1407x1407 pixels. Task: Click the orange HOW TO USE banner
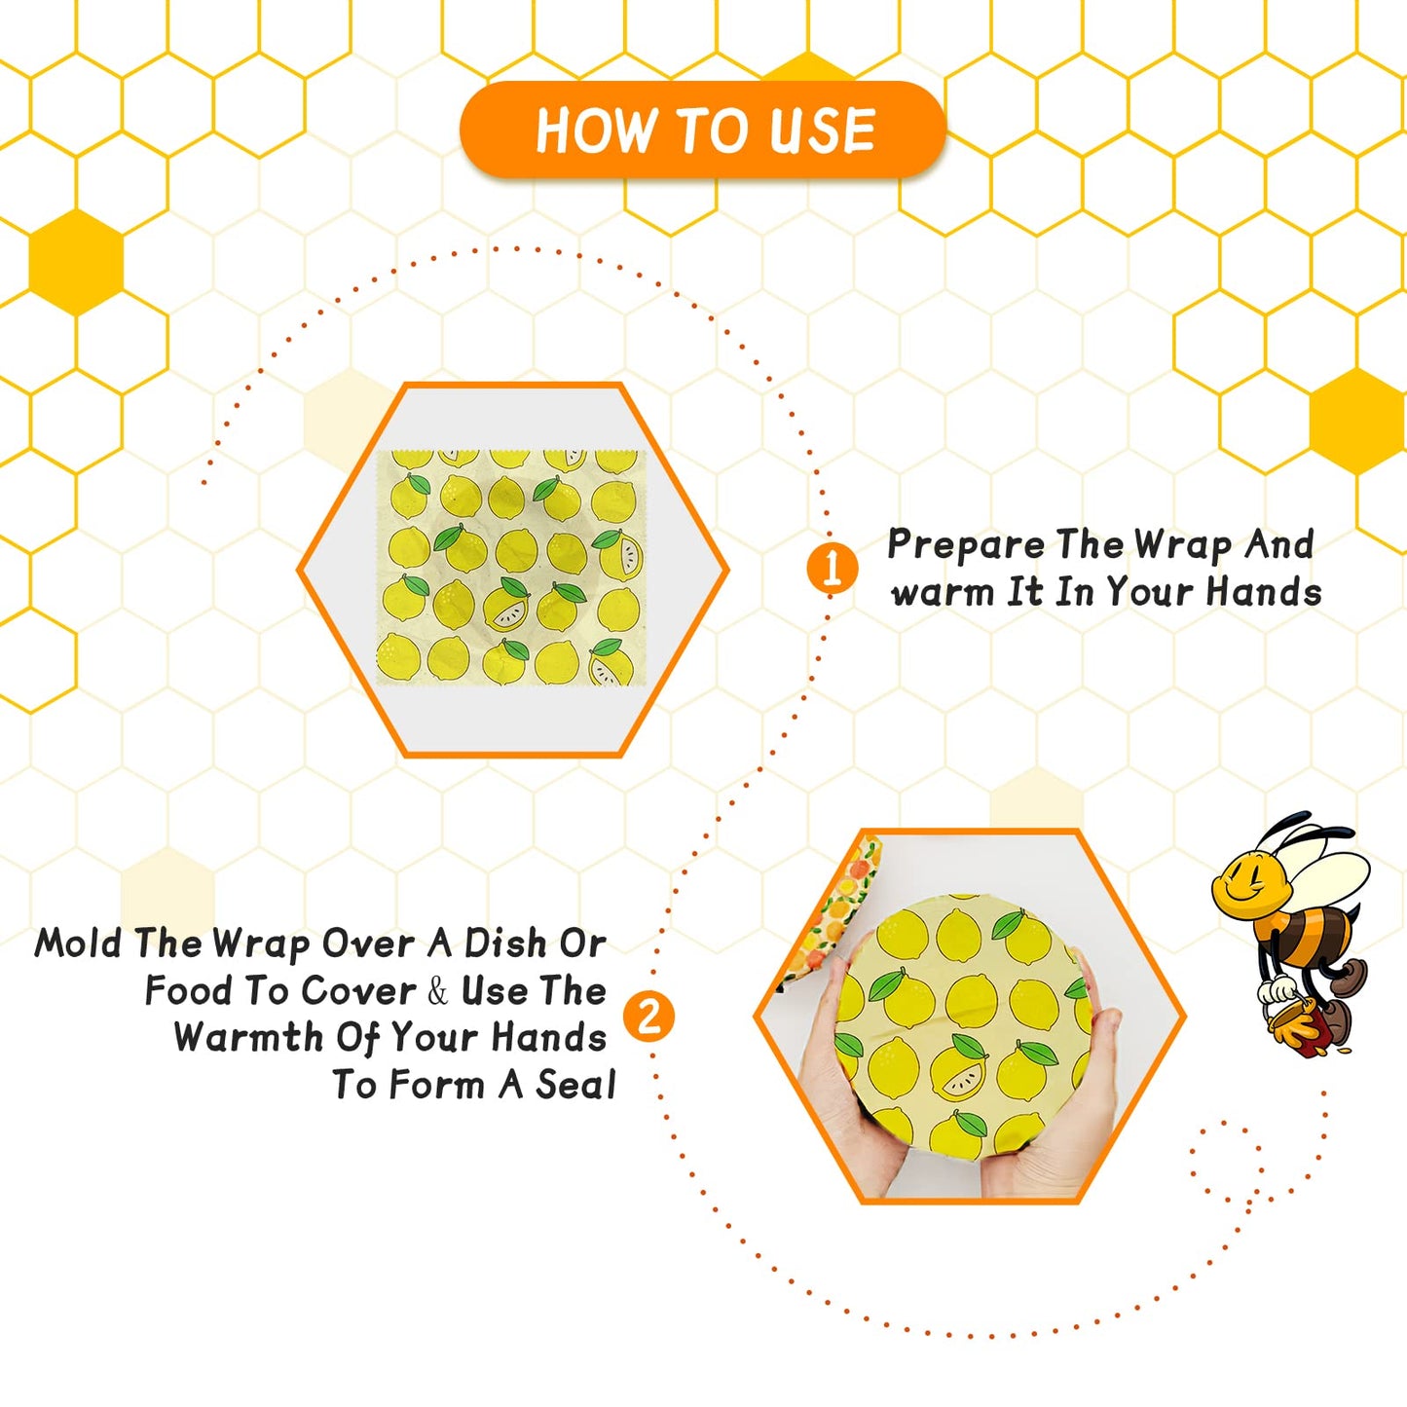[703, 130]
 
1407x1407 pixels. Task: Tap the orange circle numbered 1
[832, 568]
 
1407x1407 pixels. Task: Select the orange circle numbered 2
[648, 1017]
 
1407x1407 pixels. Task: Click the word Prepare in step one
[964, 545]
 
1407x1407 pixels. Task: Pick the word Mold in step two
[78, 944]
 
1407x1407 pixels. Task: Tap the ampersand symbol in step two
[437, 991]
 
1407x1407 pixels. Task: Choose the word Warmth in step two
[248, 1038]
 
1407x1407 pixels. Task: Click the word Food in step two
[188, 991]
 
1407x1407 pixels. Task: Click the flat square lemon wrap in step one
[511, 568]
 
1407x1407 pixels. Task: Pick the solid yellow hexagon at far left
[76, 262]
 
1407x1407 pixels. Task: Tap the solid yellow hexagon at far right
[1356, 421]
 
